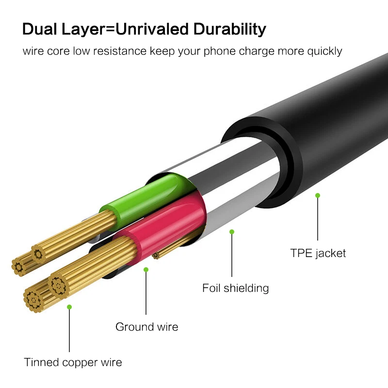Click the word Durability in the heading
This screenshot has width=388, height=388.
pos(230,29)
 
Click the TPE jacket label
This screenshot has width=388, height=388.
pos(318,253)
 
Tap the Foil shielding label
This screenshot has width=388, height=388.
pos(235,288)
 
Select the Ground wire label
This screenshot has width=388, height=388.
pos(146,327)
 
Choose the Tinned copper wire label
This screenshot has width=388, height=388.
pos(73,362)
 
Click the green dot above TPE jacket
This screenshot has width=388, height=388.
pos(318,195)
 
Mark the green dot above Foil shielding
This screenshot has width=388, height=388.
pos(232,232)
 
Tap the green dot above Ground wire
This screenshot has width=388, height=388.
pos(146,270)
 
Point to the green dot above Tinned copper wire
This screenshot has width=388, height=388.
pos(69,307)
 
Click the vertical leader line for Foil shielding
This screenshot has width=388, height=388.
pos(232,257)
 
